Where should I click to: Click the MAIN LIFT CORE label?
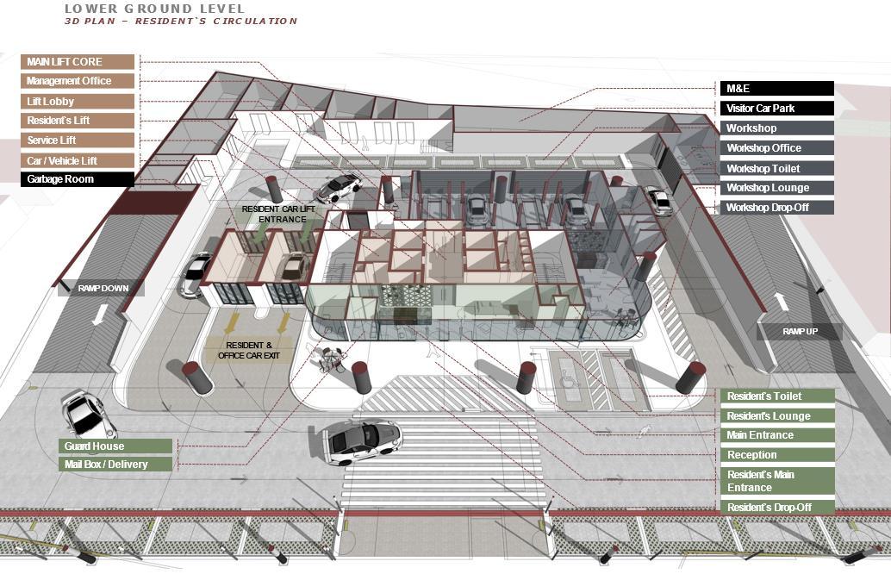tap(78, 62)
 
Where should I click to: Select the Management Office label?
tap(78, 81)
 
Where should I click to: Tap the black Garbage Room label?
tap(78, 179)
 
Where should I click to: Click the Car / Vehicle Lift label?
tap(78, 160)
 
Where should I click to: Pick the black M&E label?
tap(776, 89)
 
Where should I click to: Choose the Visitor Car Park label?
tap(776, 109)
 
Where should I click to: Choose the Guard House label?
tap(116, 446)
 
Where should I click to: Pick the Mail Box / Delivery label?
tap(116, 465)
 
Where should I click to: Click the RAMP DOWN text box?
tap(103, 289)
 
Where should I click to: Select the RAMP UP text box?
tap(800, 332)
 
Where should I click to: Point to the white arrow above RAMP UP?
tap(782, 302)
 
